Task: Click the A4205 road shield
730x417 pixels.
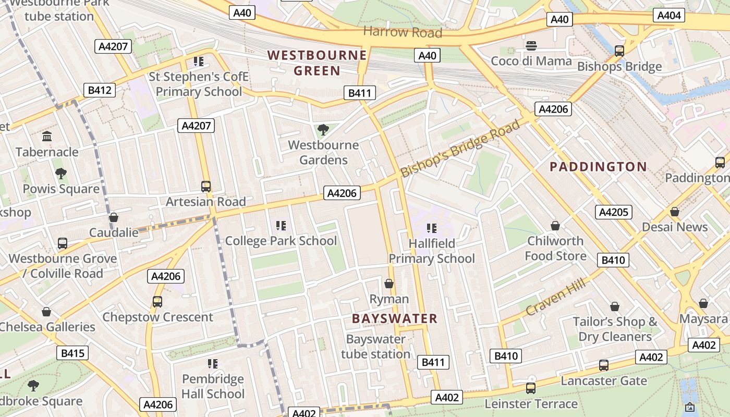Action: pos(614,212)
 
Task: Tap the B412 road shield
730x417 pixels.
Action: pos(100,90)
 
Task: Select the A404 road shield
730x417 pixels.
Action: pos(669,16)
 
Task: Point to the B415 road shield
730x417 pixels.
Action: pos(72,353)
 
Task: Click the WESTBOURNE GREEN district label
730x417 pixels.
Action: pos(317,63)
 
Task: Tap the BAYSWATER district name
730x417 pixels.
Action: pos(394,318)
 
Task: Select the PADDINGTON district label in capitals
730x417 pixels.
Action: pos(598,167)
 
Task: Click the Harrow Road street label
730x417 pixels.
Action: pos(403,32)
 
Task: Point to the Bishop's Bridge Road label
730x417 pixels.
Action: pos(460,149)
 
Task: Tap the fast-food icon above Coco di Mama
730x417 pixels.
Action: pos(531,45)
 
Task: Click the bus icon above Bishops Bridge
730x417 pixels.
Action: pos(619,51)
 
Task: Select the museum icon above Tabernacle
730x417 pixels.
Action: pos(47,137)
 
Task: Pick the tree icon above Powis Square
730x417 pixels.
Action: pos(60,173)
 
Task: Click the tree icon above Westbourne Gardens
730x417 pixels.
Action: pos(323,129)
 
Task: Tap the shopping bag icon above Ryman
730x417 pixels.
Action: pos(389,284)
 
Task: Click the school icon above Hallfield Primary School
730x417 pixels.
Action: pos(431,228)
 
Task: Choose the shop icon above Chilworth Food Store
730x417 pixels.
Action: pos(555,226)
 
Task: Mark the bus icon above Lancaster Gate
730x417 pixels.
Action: pos(604,365)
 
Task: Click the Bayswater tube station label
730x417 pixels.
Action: pos(376,347)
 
